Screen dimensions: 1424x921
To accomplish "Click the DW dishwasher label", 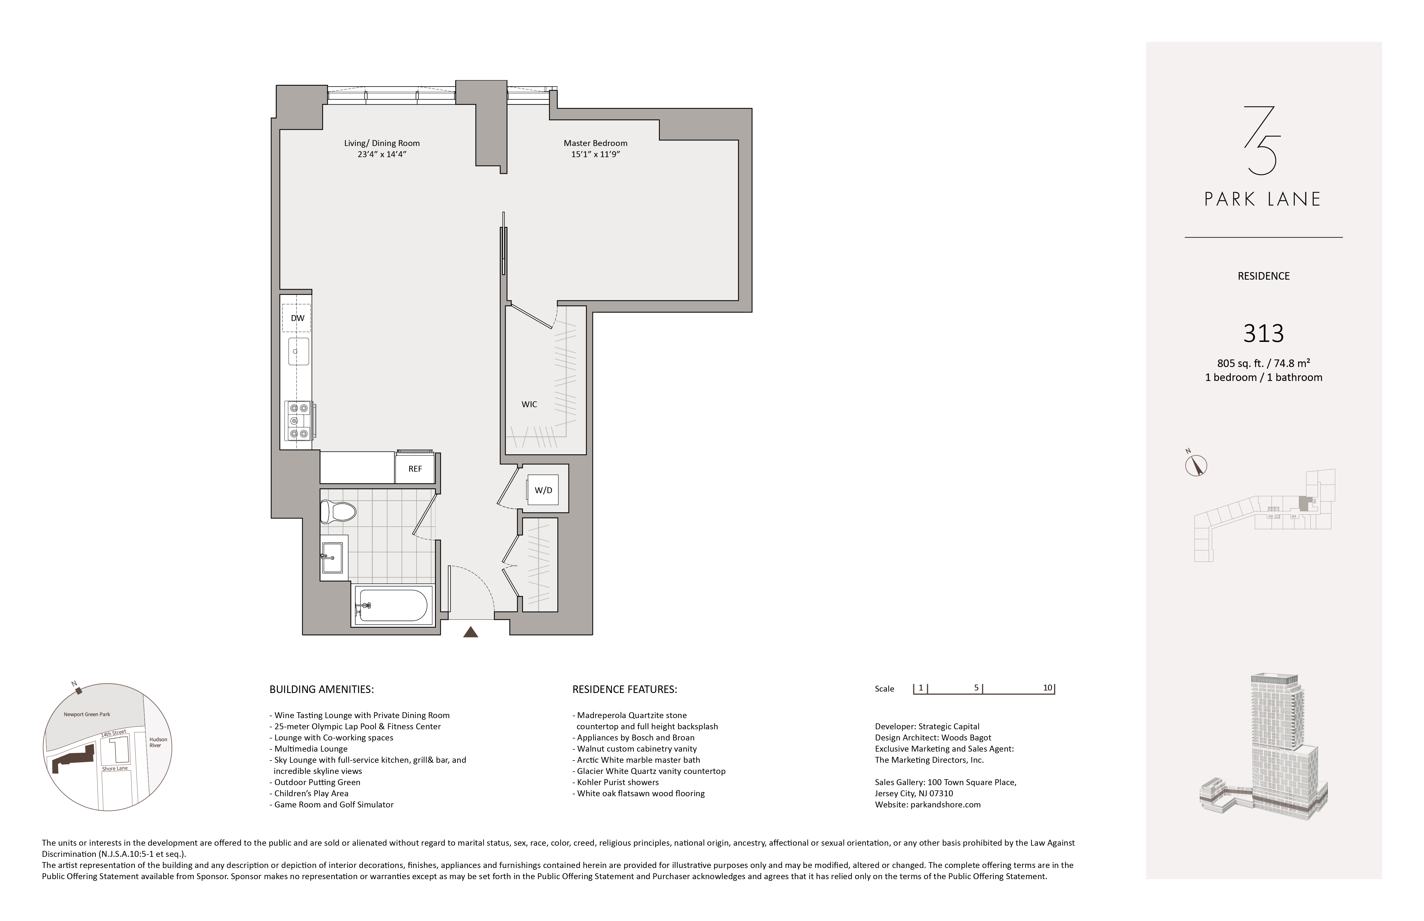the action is click(297, 318).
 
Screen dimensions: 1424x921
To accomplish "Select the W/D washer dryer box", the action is click(543, 490).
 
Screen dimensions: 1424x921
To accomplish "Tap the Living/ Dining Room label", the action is click(382, 143).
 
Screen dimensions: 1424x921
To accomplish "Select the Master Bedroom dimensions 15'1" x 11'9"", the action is click(595, 154).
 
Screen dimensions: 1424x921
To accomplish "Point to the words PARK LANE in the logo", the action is click(1262, 199).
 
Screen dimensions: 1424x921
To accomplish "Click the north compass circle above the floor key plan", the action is click(1196, 465).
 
